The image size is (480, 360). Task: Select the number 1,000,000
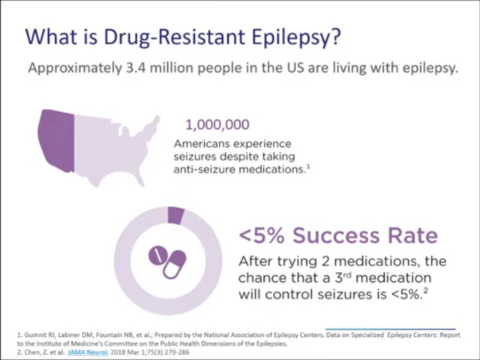(x=211, y=124)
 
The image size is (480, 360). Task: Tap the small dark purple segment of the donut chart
(x=176, y=215)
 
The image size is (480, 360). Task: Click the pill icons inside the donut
(x=170, y=259)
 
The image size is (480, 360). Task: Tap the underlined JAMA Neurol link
(x=90, y=350)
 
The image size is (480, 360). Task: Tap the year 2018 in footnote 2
(x=127, y=350)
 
